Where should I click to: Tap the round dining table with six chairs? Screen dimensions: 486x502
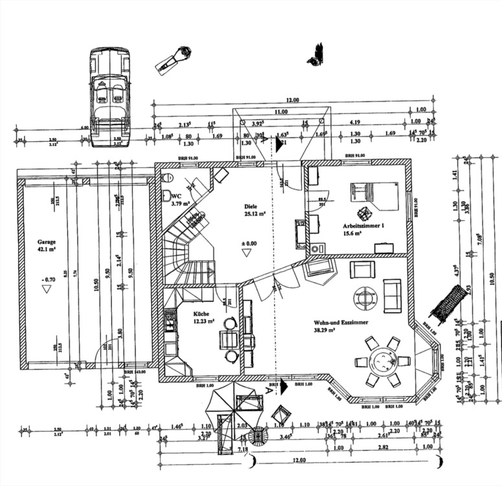click(x=383, y=360)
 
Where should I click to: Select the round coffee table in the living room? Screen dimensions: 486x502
click(x=365, y=297)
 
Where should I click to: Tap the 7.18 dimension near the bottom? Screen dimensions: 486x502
click(x=244, y=449)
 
